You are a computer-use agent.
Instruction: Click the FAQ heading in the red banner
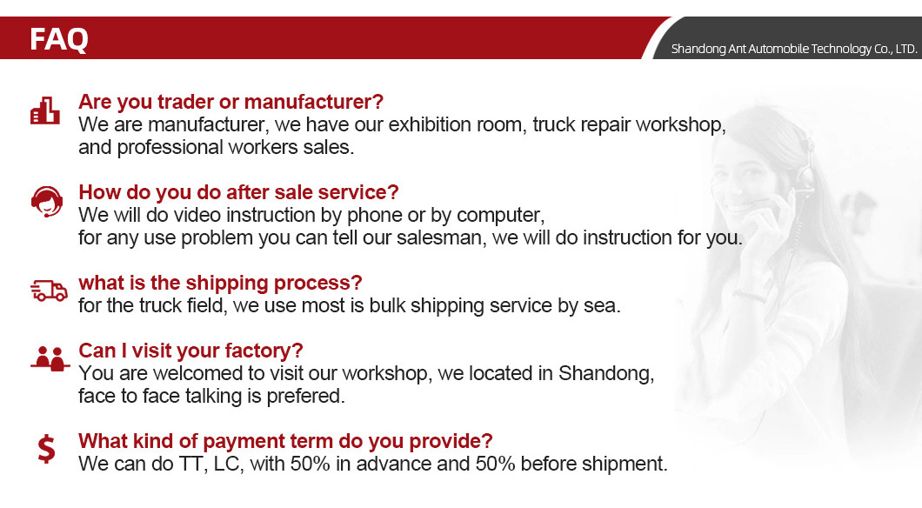click(x=59, y=39)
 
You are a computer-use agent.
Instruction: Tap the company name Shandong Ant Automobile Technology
click(x=794, y=49)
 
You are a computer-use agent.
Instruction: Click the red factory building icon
click(x=45, y=110)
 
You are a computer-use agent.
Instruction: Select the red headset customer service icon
click(x=46, y=202)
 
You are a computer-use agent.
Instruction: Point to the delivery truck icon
click(x=49, y=291)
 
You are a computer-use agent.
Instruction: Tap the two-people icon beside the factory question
click(x=50, y=358)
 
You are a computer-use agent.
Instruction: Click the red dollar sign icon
click(x=47, y=449)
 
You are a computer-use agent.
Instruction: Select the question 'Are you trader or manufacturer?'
click(x=230, y=102)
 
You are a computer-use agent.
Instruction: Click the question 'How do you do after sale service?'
click(x=238, y=192)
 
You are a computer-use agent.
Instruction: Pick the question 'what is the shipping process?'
click(x=220, y=283)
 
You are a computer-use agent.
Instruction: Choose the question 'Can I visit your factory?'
click(x=190, y=351)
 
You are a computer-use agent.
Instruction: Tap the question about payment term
click(x=285, y=441)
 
